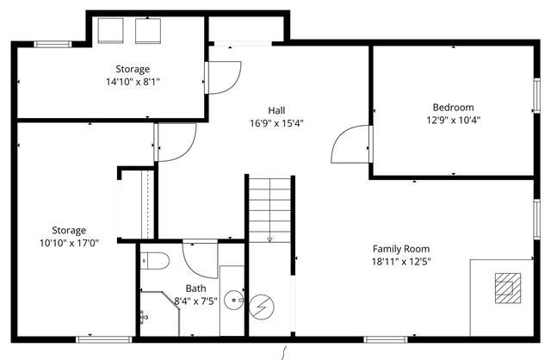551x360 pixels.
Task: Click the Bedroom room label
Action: click(453, 108)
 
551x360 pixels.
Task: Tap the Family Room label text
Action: click(400, 249)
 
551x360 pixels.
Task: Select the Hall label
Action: click(276, 110)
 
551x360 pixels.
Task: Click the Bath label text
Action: click(196, 289)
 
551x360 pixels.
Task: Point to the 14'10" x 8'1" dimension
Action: click(133, 82)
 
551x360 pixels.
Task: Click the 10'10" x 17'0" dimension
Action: click(69, 243)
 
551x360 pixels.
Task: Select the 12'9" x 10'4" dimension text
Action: click(453, 121)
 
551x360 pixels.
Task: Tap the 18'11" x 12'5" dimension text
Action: click(400, 262)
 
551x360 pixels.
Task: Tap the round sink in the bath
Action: click(233, 301)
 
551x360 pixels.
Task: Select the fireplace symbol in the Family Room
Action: click(506, 285)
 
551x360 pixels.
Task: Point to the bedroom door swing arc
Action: click(351, 141)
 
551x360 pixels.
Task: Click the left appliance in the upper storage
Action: click(110, 30)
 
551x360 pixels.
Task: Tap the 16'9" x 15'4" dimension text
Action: click(276, 123)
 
